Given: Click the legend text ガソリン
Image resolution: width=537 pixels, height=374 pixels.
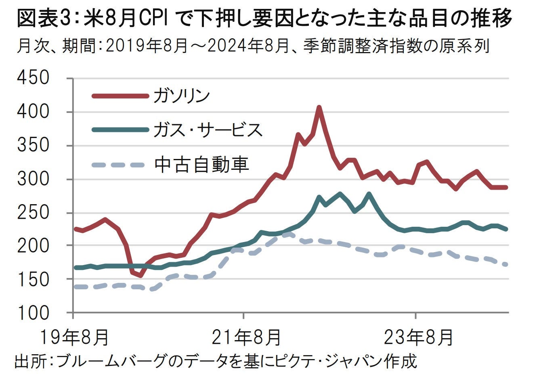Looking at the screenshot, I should pos(182,96).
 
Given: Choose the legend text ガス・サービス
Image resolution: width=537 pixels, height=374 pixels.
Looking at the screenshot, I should pos(208,130).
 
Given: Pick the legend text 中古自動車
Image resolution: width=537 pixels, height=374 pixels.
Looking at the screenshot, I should pos(201,164).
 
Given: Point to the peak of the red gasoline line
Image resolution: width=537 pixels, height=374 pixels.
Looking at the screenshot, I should pos(319,108).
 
